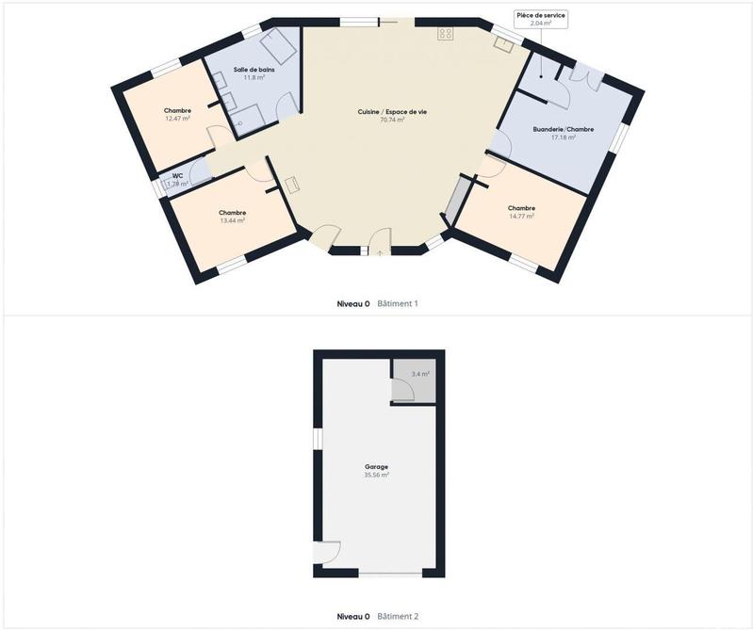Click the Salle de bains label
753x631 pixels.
[x=250, y=70]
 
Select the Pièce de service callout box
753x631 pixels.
[x=540, y=18]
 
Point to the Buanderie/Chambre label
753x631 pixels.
[x=563, y=129]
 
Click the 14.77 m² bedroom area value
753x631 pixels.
[x=521, y=216]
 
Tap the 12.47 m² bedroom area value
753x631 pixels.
[x=177, y=119]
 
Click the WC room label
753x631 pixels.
[x=176, y=175]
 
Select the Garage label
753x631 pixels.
[x=376, y=466]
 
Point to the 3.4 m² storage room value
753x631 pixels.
[x=419, y=374]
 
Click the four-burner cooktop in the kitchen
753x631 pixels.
[x=445, y=35]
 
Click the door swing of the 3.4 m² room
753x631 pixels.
[x=402, y=391]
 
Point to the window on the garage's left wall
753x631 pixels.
[x=318, y=440]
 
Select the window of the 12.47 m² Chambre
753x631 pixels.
[x=167, y=66]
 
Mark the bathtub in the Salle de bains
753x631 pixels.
[x=279, y=44]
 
